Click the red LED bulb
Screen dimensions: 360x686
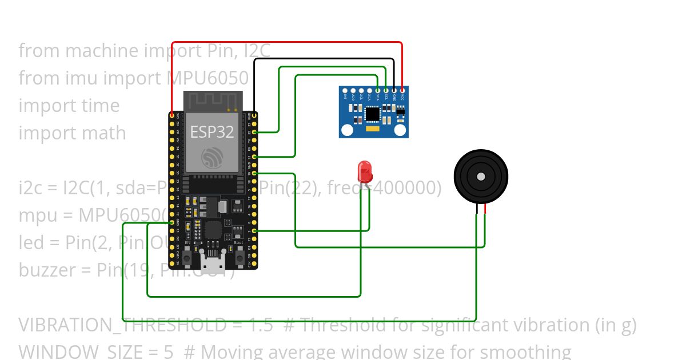[x=364, y=170]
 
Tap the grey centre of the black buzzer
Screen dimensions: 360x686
[x=481, y=177]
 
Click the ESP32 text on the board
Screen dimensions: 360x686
[x=212, y=131]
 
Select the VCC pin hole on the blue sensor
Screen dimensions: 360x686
[x=402, y=90]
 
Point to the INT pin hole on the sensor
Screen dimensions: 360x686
[x=345, y=90]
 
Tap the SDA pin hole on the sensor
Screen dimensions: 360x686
[x=378, y=90]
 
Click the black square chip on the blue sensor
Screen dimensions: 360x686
[x=373, y=115]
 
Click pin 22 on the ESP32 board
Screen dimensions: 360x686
[x=254, y=132]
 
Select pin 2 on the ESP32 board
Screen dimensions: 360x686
[x=254, y=231]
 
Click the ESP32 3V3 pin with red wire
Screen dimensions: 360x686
[x=172, y=115]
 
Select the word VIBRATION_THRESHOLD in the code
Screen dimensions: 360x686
[x=122, y=325]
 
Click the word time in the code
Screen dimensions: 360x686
[x=101, y=105]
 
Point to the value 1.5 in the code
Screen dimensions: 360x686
[x=261, y=325]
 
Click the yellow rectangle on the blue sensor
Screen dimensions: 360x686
[x=373, y=130]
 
